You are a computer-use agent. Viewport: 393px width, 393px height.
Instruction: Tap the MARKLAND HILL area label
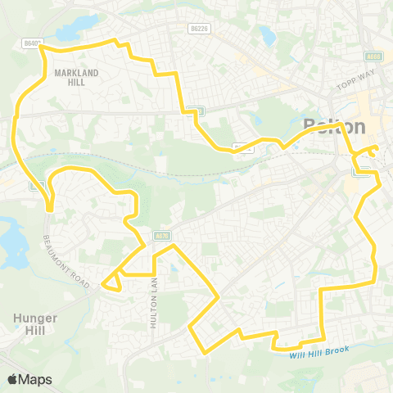point(76,77)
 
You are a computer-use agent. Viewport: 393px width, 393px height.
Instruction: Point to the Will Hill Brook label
point(320,350)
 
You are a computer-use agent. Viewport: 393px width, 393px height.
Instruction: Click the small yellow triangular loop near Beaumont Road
point(111,280)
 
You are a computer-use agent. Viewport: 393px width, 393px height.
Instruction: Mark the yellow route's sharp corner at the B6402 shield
point(41,47)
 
